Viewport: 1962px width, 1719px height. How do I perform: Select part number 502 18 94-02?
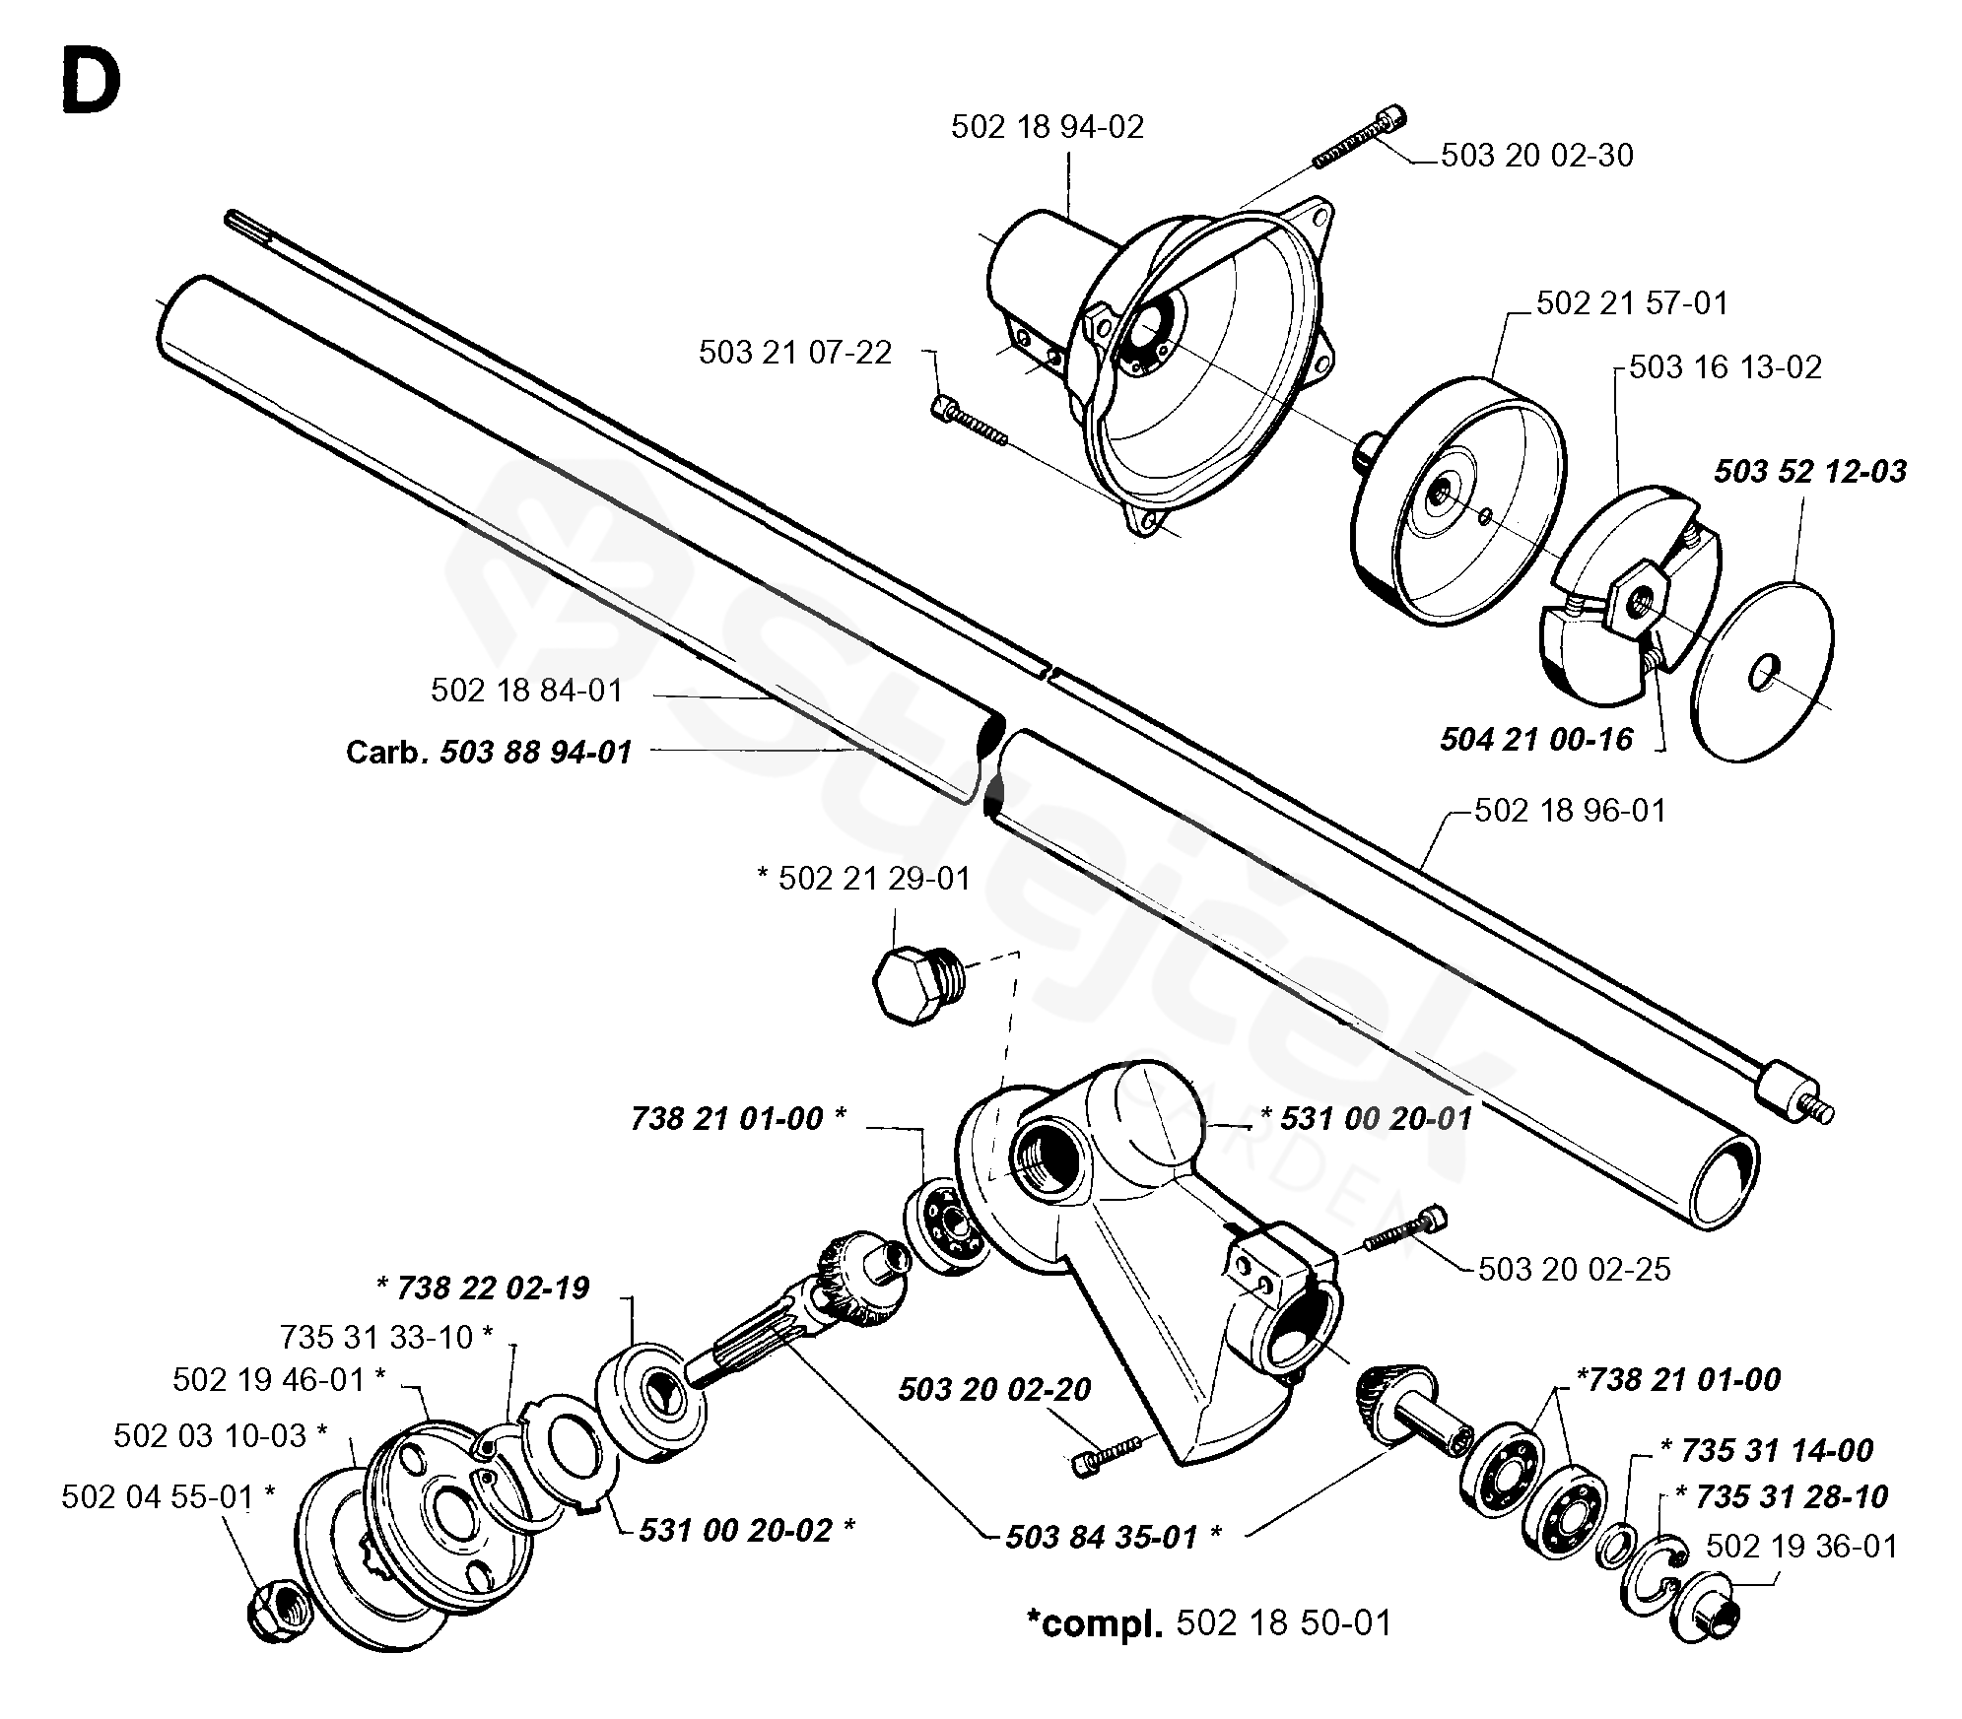(1047, 127)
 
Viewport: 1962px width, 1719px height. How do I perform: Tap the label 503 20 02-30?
(1536, 156)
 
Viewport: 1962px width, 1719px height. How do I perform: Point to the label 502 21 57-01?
(1632, 302)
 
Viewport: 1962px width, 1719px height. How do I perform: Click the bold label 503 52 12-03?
(1809, 471)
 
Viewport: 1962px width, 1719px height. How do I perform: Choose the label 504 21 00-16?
(1535, 739)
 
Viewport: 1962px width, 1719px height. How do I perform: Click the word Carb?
(385, 753)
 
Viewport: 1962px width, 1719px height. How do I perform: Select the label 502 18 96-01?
(1569, 811)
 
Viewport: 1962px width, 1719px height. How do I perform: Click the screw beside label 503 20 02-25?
(1406, 1229)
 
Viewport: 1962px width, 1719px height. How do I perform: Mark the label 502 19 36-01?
(1800, 1547)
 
